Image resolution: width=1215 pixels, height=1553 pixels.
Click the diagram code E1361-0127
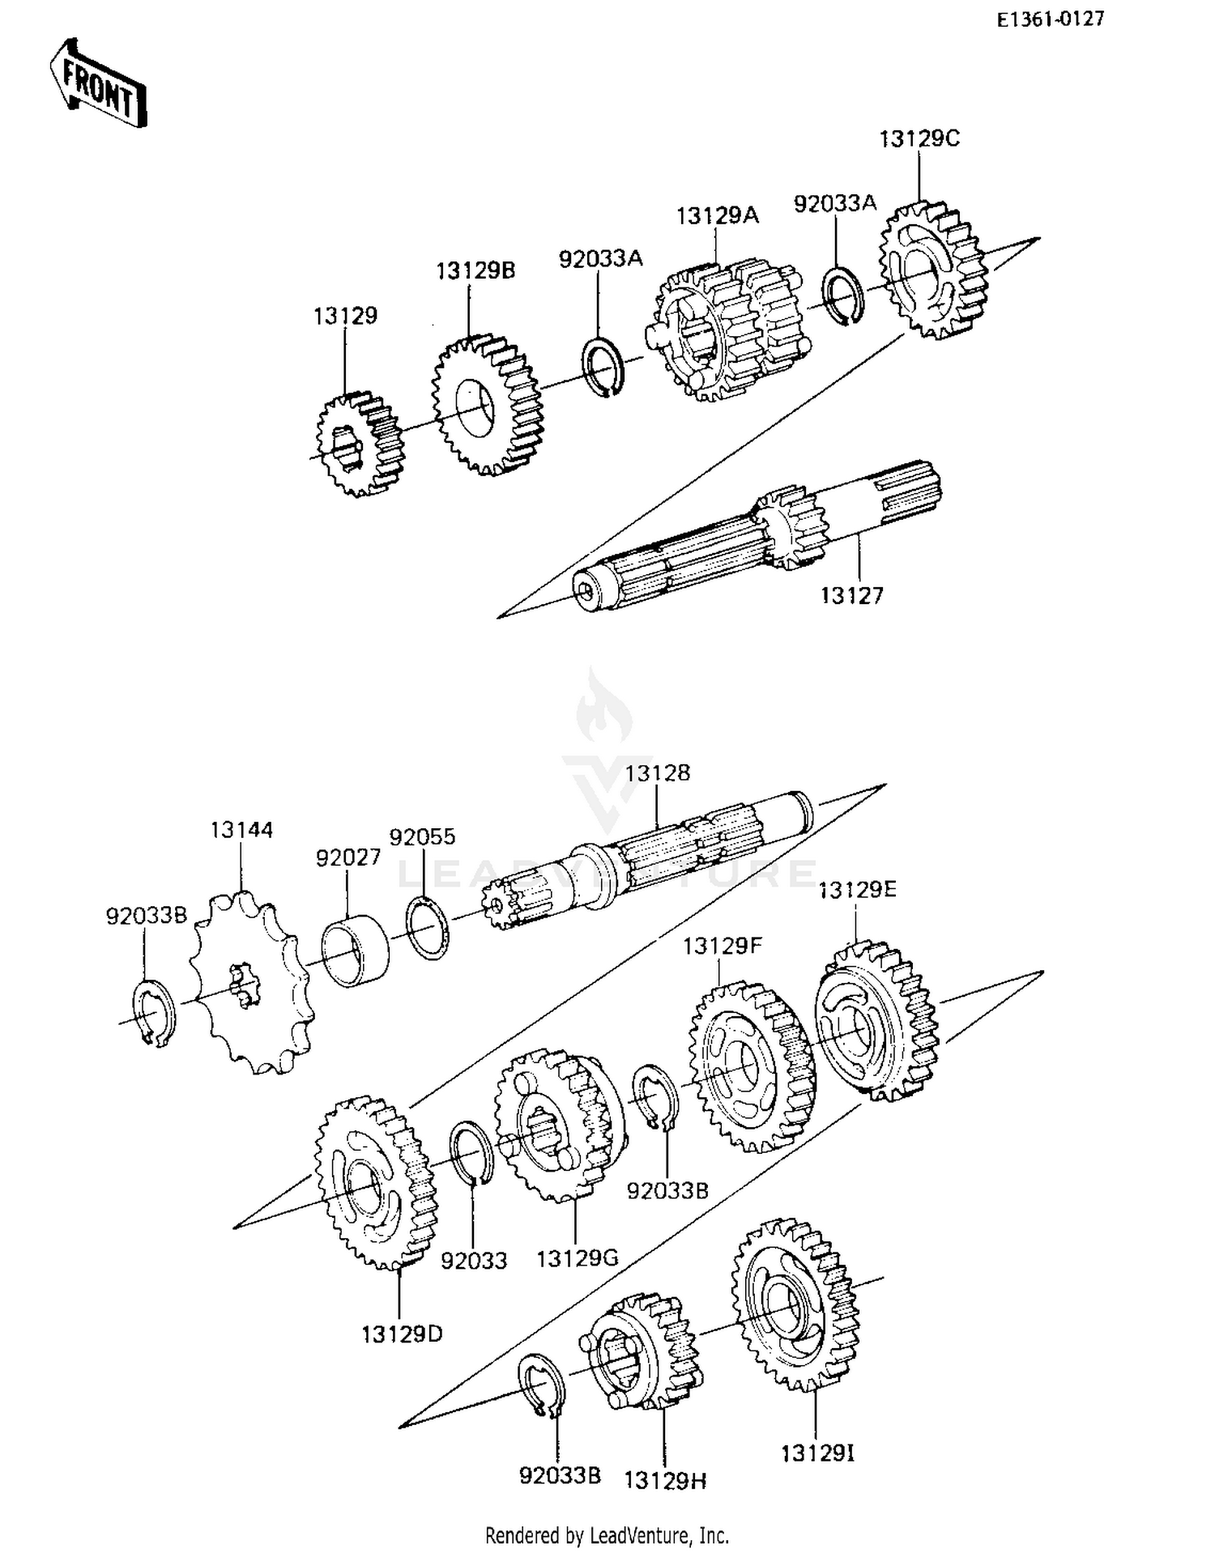tap(1050, 19)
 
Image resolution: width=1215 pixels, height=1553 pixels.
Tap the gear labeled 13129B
tap(486, 405)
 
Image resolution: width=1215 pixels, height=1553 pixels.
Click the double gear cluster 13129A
tap(725, 328)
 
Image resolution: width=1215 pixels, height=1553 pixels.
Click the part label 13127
tap(851, 596)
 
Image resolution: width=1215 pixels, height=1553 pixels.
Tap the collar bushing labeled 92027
tap(355, 950)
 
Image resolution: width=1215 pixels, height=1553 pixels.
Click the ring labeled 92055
tap(428, 928)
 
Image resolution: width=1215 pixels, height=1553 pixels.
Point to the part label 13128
tap(657, 773)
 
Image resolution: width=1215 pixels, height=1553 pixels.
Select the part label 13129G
tap(577, 1258)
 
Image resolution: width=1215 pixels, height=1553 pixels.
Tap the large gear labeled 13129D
tap(374, 1182)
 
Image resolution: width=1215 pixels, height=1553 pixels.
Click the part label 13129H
tap(664, 1481)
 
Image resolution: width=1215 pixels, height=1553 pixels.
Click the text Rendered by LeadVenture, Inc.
tap(607, 1534)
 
